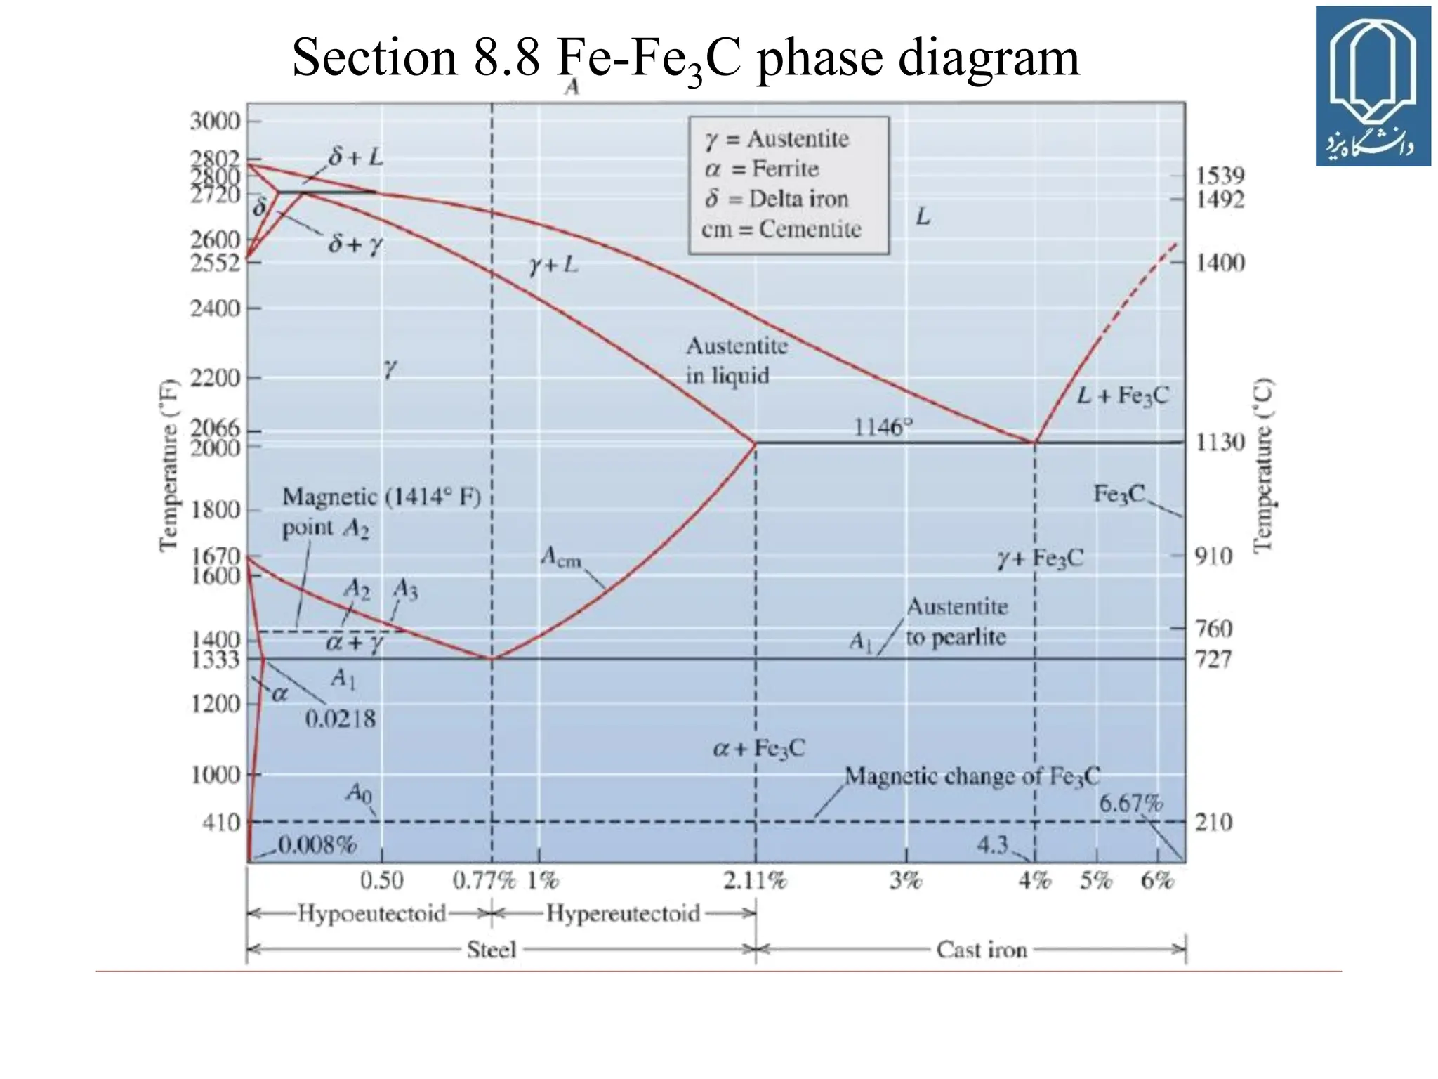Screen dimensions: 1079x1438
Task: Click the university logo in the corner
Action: [1373, 86]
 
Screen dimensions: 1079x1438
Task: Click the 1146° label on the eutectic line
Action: [883, 426]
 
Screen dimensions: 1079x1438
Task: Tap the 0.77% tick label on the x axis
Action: [484, 880]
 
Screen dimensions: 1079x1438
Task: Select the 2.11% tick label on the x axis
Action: [755, 880]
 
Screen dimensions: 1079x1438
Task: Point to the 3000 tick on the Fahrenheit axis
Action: [215, 121]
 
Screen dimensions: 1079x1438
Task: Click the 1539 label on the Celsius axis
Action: [1220, 175]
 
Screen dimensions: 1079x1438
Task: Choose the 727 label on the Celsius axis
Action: [1213, 659]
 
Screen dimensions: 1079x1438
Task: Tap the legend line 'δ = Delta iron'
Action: [777, 199]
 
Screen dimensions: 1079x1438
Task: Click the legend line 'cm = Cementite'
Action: [781, 229]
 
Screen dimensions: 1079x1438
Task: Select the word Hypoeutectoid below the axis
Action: [371, 913]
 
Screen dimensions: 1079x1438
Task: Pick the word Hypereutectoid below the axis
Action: [623, 913]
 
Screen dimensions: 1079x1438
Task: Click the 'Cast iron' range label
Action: [981, 950]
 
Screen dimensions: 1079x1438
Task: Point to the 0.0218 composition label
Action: [341, 719]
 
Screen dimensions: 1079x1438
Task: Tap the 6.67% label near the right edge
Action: [1130, 803]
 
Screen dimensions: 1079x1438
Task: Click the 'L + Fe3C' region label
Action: [1123, 395]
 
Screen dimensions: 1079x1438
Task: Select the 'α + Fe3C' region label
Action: [758, 748]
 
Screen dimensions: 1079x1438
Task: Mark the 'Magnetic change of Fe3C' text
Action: [972, 776]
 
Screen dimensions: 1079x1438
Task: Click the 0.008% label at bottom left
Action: [317, 844]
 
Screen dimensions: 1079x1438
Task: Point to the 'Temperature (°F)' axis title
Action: [169, 466]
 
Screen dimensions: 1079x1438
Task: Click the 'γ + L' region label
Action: [553, 265]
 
